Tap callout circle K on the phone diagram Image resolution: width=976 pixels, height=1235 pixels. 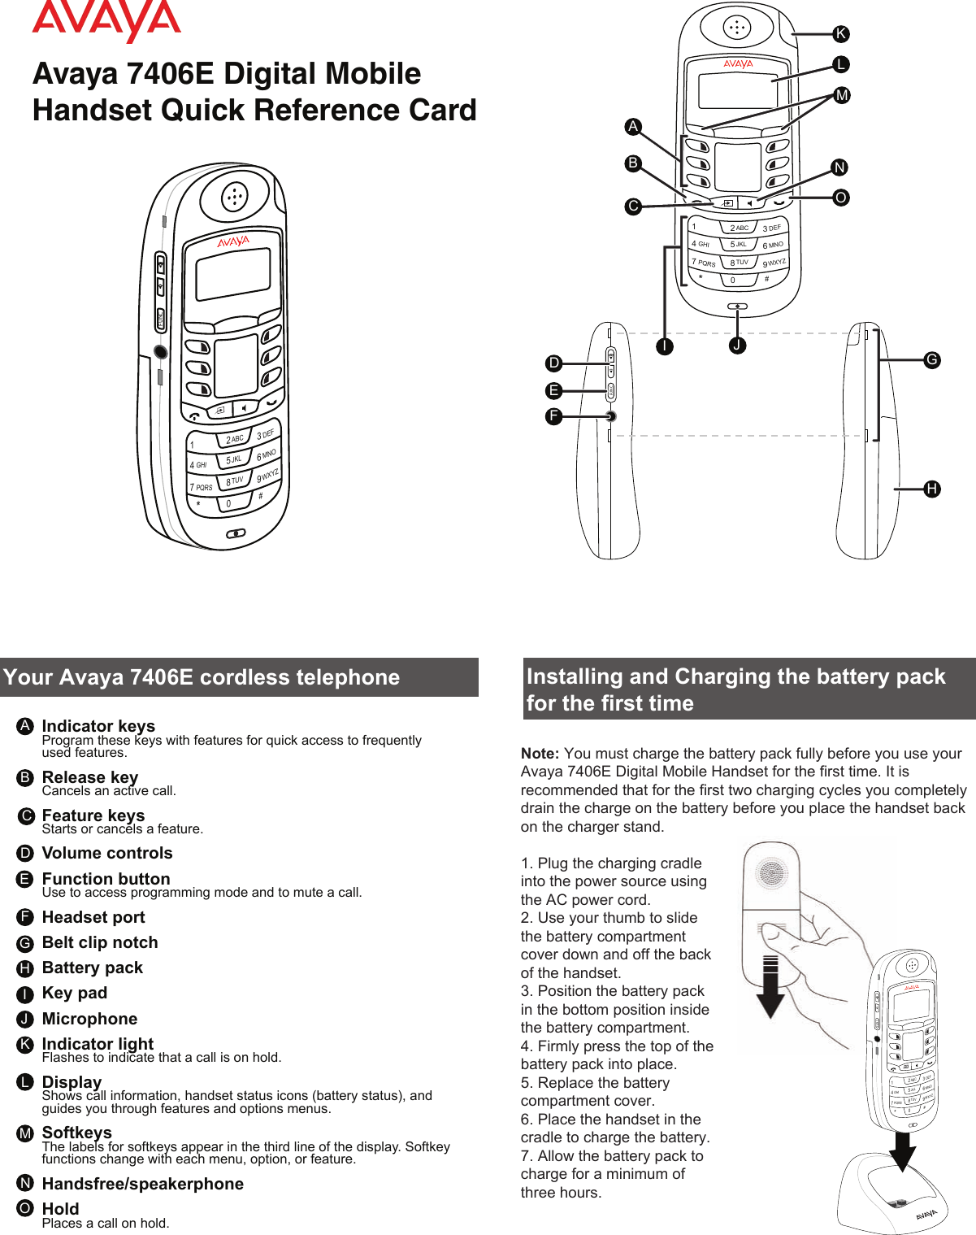841,34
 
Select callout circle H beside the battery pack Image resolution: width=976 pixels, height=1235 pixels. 932,489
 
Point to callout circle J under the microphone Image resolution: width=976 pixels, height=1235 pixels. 737,345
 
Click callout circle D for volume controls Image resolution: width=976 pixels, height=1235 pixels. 553,363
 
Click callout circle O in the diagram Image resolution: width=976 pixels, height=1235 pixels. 841,198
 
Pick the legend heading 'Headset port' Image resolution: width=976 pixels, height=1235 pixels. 93,917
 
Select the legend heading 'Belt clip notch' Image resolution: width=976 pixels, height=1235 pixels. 100,942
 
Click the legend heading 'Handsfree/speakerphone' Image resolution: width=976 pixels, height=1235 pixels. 142,1184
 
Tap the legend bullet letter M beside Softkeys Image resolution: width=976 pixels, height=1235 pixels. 25,1133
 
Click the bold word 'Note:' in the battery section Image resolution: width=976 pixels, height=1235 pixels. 540,754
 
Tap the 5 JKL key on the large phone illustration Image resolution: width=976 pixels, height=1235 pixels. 234,459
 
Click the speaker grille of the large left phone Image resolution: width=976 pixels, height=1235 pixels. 235,196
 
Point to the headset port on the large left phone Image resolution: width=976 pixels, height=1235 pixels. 161,352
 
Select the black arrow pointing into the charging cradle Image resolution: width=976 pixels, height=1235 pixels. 901,1150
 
